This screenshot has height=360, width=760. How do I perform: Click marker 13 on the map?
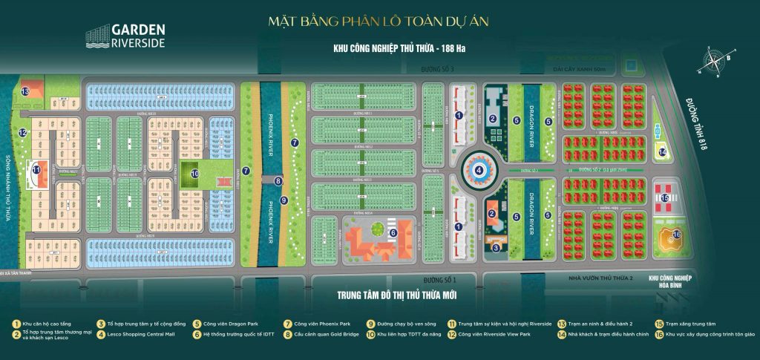click(x=25, y=91)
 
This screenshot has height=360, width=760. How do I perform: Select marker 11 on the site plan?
click(x=36, y=169)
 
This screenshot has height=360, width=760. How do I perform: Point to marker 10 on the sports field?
click(x=194, y=174)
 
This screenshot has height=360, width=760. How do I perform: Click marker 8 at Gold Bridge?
click(x=278, y=180)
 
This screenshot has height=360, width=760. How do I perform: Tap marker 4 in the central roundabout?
click(x=479, y=170)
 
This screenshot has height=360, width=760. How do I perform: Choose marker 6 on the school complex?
click(x=393, y=232)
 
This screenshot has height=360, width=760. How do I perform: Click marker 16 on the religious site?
click(x=676, y=236)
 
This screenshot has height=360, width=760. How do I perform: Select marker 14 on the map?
click(x=663, y=153)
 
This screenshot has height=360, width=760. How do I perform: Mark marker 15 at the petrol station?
click(x=665, y=198)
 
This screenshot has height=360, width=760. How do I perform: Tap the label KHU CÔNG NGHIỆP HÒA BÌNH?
click(x=670, y=281)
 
